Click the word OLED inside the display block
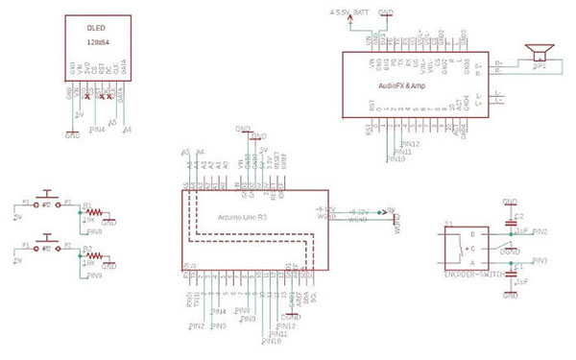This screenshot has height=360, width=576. [x=94, y=28]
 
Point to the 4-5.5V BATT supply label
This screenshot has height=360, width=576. [x=348, y=13]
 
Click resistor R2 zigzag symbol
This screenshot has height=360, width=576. [x=94, y=256]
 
